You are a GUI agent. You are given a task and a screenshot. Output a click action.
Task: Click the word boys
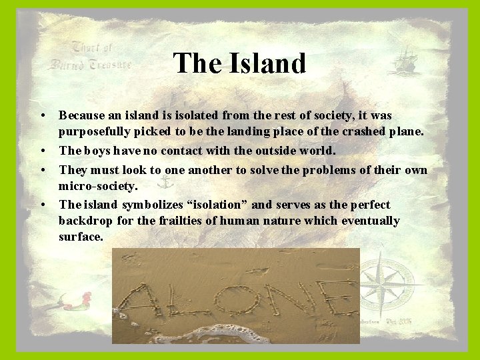coord(99,151)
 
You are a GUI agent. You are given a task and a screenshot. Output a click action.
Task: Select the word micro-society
coord(97,186)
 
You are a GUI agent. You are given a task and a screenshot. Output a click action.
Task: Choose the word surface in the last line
coord(79,237)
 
